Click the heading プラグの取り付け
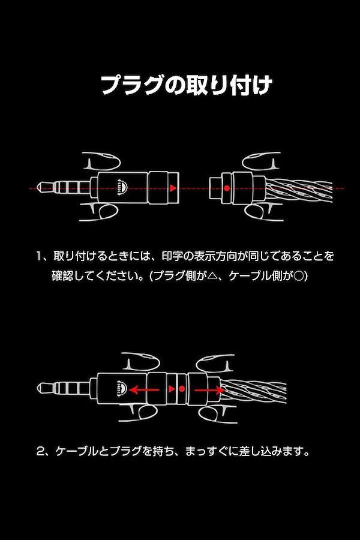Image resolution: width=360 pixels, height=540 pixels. pos(187,85)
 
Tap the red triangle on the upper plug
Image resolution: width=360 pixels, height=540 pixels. pos(173,188)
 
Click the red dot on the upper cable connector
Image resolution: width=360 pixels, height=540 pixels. pos(227,188)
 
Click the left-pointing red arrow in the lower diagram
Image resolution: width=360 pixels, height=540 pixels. pos(145,390)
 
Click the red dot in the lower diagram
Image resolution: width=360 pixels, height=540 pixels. pos(182,389)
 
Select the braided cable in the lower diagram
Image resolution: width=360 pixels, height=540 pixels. pos(253,391)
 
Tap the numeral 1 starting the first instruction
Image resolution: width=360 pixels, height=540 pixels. pos(40,256)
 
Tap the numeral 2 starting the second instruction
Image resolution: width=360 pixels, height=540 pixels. pos(41,451)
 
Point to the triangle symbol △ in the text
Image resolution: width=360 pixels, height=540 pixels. pos(213,276)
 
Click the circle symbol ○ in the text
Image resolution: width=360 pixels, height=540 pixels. pos(299,276)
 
